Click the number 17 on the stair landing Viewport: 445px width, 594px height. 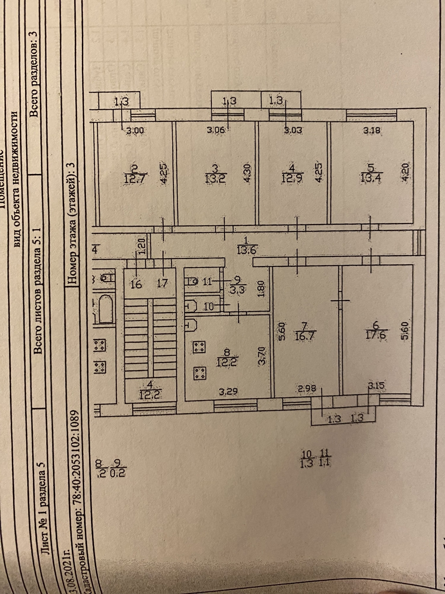pos(163,283)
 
